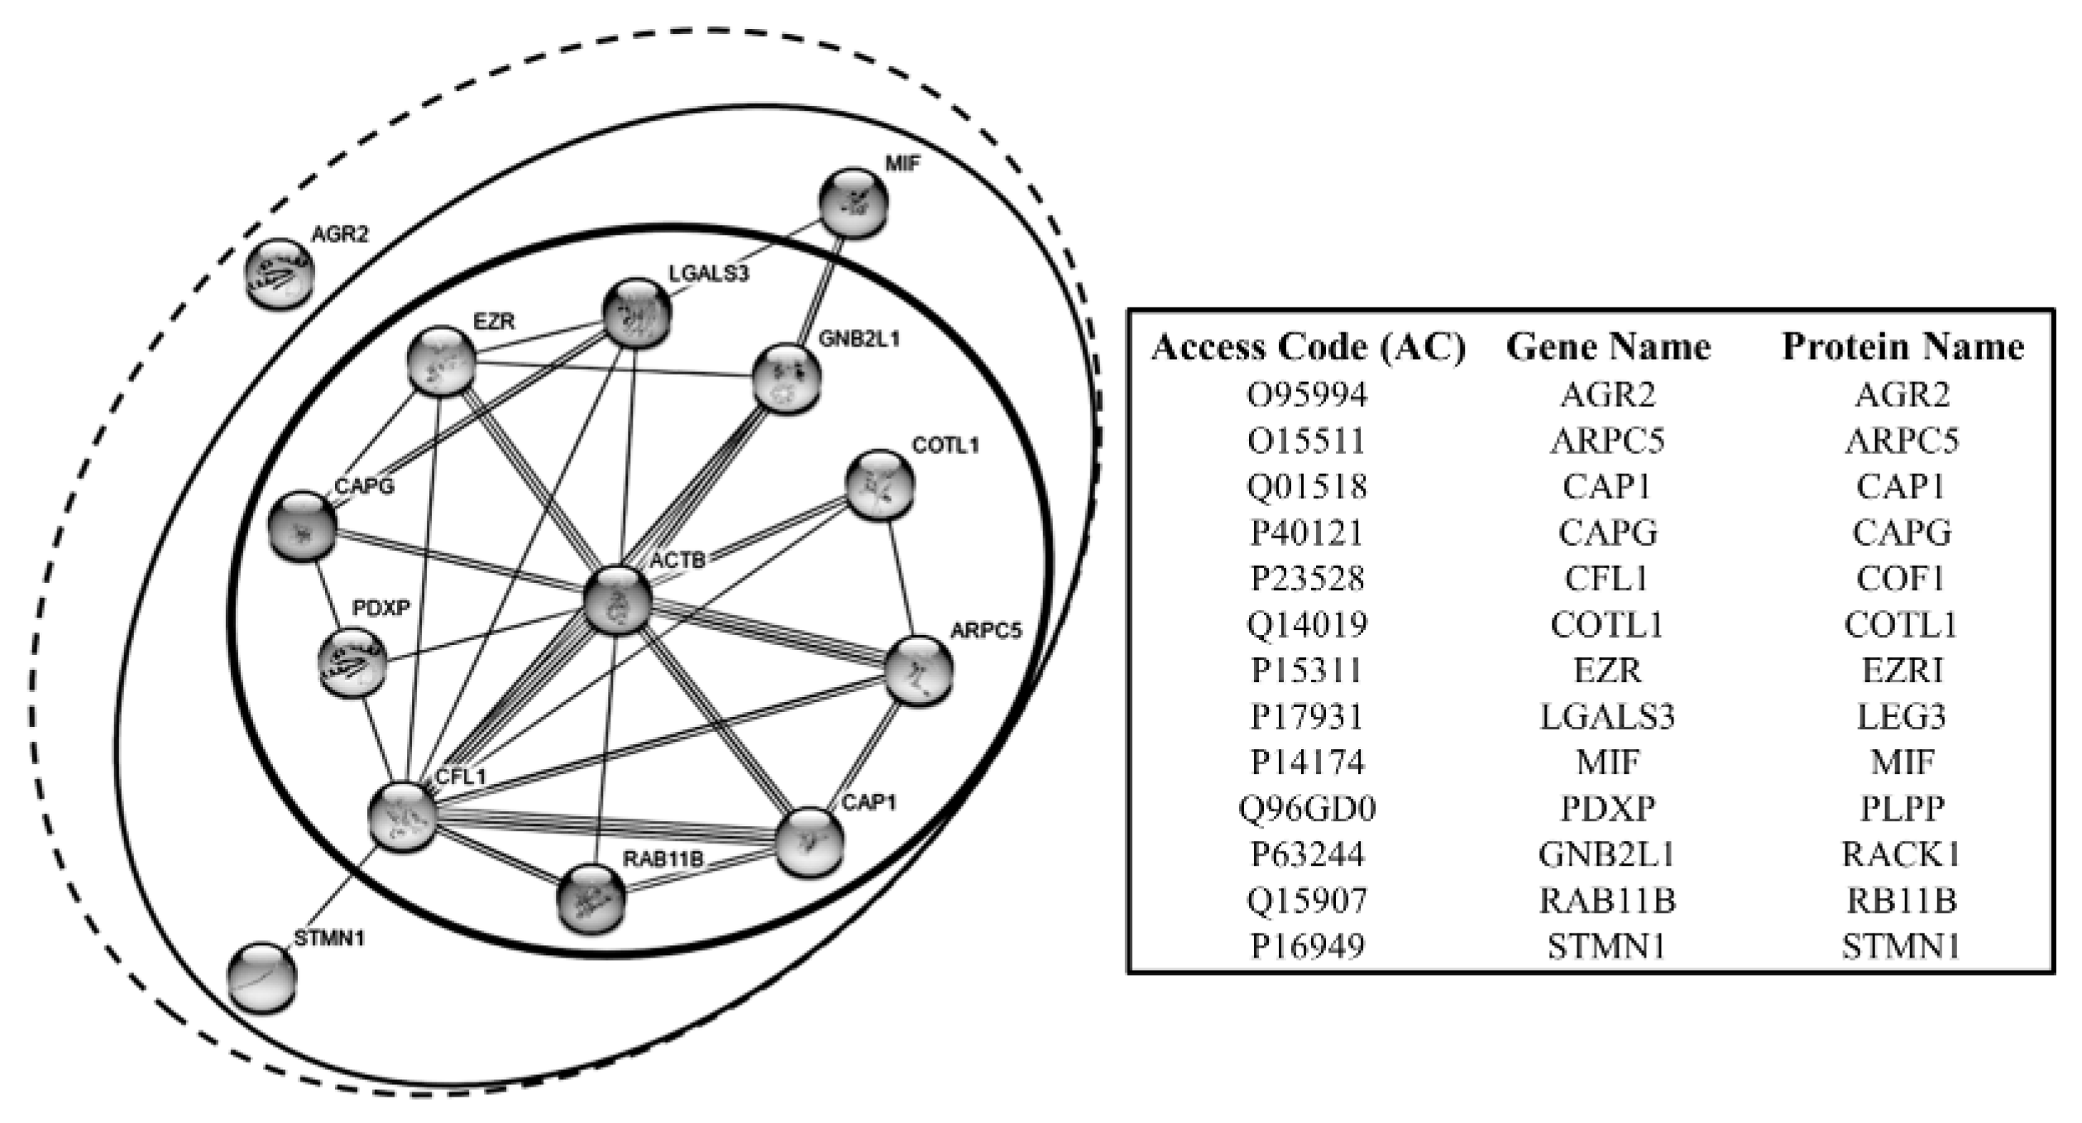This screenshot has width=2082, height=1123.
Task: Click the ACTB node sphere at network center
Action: pyautogui.click(x=617, y=602)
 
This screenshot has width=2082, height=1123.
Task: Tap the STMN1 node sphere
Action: pyautogui.click(x=261, y=977)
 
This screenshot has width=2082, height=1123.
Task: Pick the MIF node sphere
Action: pyautogui.click(x=854, y=203)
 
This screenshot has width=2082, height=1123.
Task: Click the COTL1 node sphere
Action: pyautogui.click(x=880, y=485)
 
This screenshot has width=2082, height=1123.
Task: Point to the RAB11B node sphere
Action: pyautogui.click(x=591, y=900)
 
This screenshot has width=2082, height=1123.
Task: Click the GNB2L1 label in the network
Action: pyautogui.click(x=858, y=339)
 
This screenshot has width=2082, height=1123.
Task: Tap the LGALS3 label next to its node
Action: pyautogui.click(x=709, y=273)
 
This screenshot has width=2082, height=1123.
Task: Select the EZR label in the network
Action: pyautogui.click(x=494, y=321)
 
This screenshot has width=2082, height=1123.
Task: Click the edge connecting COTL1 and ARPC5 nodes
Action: pyautogui.click(x=900, y=579)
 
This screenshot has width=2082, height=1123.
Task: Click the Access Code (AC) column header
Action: pyautogui.click(x=1308, y=347)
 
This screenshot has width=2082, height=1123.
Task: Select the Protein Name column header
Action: pyautogui.click(x=1902, y=347)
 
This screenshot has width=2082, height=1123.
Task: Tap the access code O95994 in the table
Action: pyautogui.click(x=1307, y=394)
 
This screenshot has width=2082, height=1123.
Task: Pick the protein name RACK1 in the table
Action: pyautogui.click(x=1901, y=853)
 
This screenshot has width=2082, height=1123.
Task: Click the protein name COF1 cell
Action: pyautogui.click(x=1901, y=578)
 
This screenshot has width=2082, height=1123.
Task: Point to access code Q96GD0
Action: pyautogui.click(x=1307, y=808)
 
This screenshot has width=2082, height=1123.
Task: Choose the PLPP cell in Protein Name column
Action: pyautogui.click(x=1901, y=808)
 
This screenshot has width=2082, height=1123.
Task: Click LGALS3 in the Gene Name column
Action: pyautogui.click(x=1607, y=716)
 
